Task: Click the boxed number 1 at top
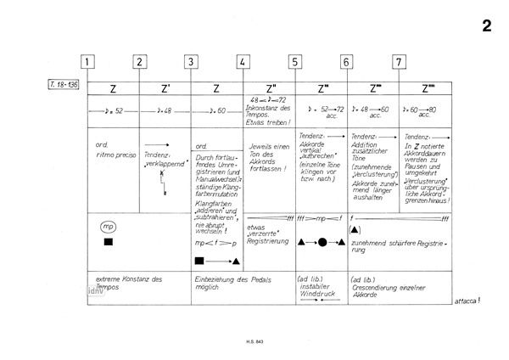tap(88, 61)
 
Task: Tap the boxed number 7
tap(399, 61)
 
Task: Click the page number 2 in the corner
tap(486, 25)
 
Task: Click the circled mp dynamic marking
tap(108, 228)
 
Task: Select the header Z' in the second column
tap(165, 88)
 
